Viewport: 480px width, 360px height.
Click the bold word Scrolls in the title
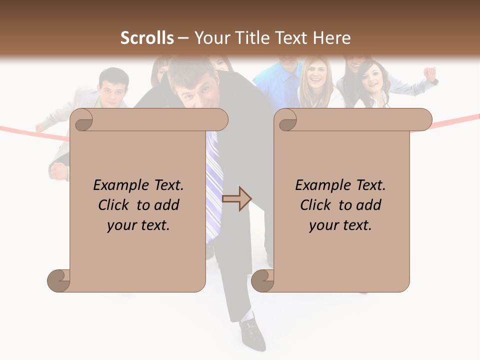(147, 38)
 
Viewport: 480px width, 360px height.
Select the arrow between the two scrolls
(236, 199)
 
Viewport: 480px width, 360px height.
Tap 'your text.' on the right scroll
(340, 225)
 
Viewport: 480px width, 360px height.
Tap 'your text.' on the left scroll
(138, 225)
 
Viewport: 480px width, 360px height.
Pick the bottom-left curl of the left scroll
(59, 280)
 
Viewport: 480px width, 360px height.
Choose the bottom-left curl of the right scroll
(263, 280)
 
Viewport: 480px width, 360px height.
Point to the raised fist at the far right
(429, 73)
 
